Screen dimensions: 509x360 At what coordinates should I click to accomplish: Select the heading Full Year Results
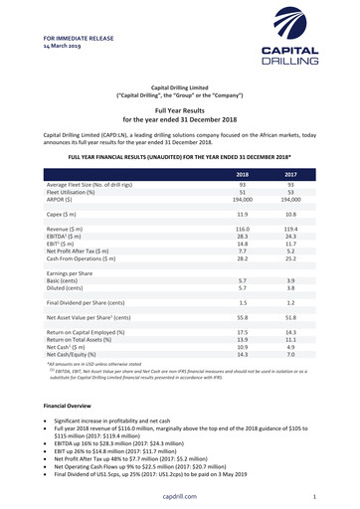pos(179,111)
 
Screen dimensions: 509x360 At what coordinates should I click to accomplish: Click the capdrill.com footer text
pos(179,496)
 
